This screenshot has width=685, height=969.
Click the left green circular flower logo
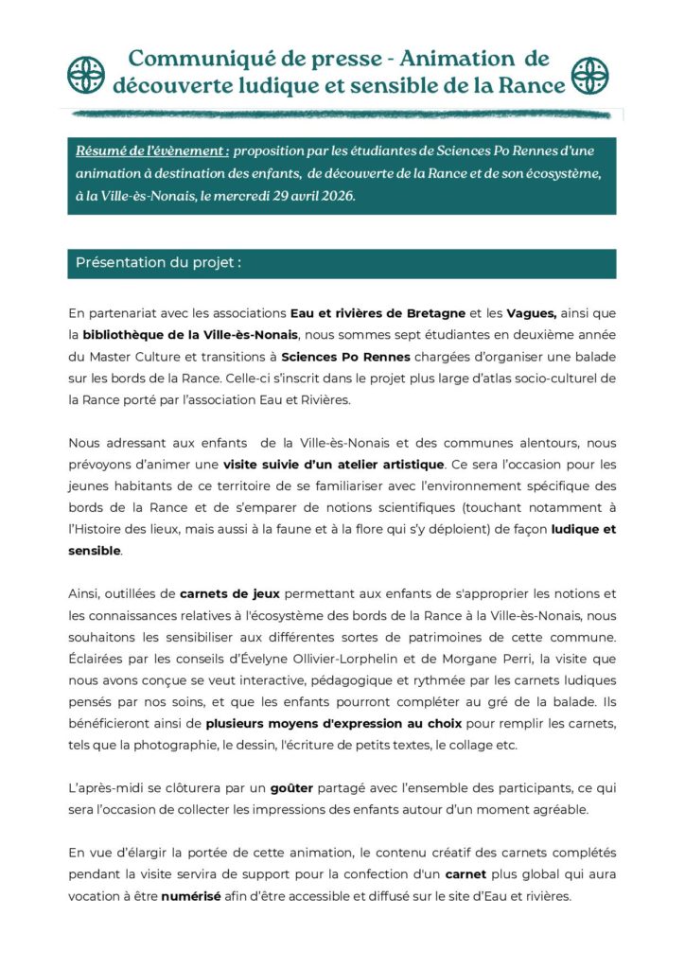point(85,73)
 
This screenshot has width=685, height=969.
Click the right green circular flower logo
point(591,73)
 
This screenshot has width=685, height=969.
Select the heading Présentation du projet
point(158,262)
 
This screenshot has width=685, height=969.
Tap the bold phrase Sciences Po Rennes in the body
point(346,357)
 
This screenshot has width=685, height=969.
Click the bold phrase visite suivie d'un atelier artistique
point(333,464)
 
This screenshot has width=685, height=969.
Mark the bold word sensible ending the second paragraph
point(95,550)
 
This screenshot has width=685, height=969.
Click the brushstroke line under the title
point(341,114)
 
